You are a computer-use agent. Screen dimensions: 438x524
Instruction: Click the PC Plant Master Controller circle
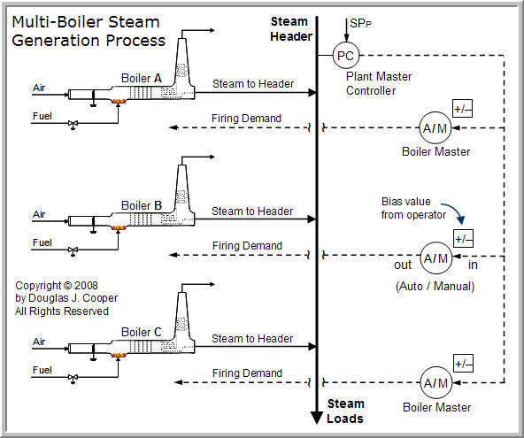click(x=346, y=56)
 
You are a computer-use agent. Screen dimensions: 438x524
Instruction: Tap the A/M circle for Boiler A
click(x=435, y=128)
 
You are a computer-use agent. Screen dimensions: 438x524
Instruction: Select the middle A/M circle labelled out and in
click(x=435, y=258)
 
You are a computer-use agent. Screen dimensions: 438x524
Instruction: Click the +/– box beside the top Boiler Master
click(x=463, y=110)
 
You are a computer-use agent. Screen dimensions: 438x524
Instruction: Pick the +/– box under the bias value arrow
click(x=463, y=239)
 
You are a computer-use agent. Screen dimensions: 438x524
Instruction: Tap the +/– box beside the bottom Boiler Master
click(x=463, y=364)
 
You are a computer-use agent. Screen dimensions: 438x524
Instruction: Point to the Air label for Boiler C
click(x=39, y=341)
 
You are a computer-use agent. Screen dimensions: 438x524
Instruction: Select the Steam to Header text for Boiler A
click(x=252, y=83)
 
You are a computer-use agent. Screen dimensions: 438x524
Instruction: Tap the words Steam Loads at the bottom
click(x=345, y=411)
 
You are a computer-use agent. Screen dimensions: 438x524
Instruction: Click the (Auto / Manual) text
click(x=434, y=286)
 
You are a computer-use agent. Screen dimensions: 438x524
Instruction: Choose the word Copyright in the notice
click(x=41, y=286)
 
